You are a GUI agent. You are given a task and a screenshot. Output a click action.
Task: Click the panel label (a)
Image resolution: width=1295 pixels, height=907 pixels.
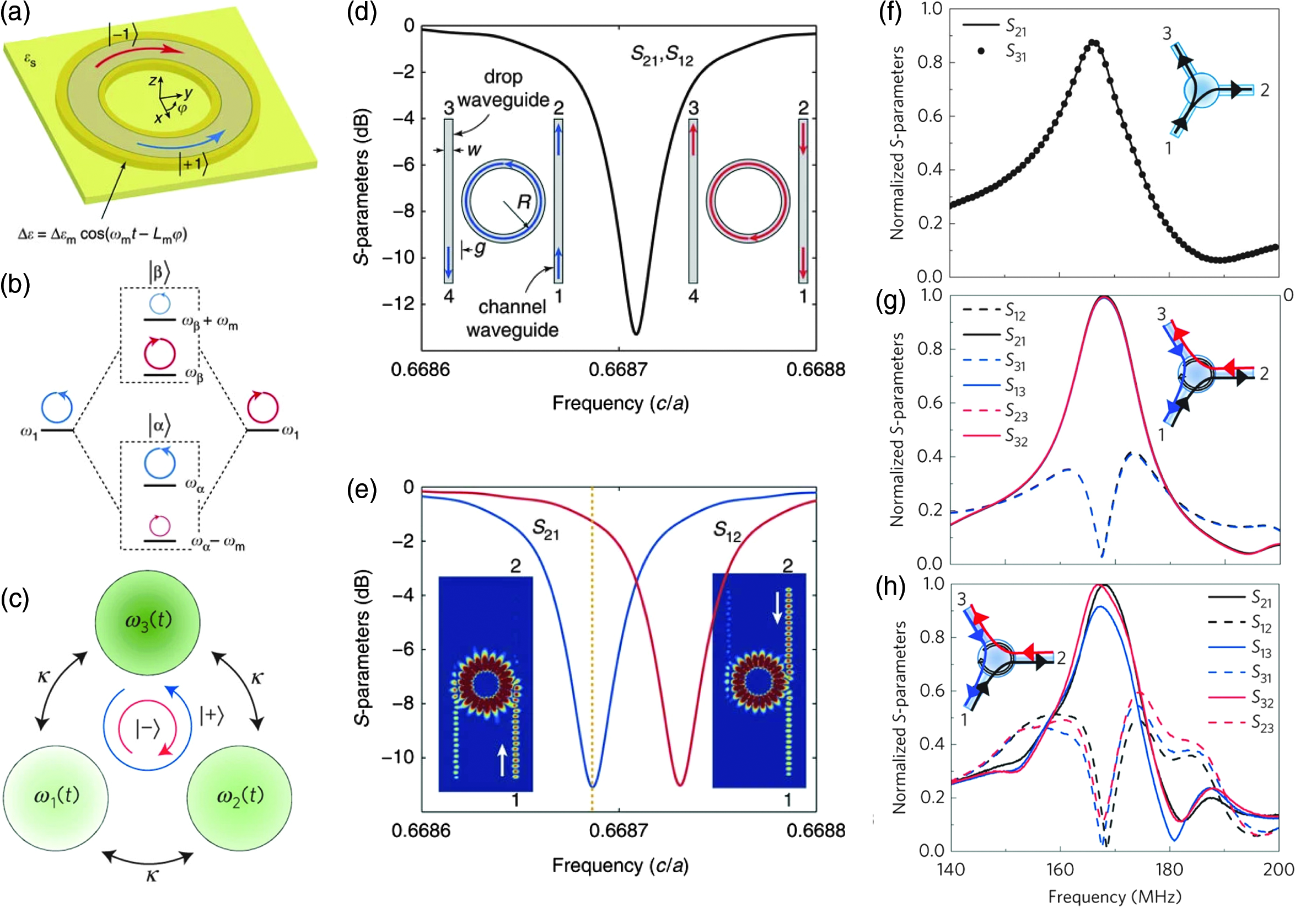pos(15,13)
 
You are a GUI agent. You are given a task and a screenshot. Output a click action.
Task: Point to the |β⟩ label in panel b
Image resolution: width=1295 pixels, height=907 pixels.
pos(159,273)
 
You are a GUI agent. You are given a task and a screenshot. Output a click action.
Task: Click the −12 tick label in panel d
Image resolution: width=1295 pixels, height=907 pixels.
pos(398,304)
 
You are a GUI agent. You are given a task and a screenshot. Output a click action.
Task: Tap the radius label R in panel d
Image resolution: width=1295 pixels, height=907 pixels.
pos(524,201)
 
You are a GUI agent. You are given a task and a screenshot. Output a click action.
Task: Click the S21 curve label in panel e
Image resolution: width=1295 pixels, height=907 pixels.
pos(545,530)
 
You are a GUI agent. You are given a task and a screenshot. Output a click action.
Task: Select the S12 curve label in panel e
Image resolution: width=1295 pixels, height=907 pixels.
pos(728,531)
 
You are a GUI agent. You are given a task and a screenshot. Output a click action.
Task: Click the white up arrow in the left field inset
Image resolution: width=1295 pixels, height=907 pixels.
pos(502,760)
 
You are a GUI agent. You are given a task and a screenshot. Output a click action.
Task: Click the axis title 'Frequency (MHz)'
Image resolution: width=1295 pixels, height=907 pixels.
pos(1115,897)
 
